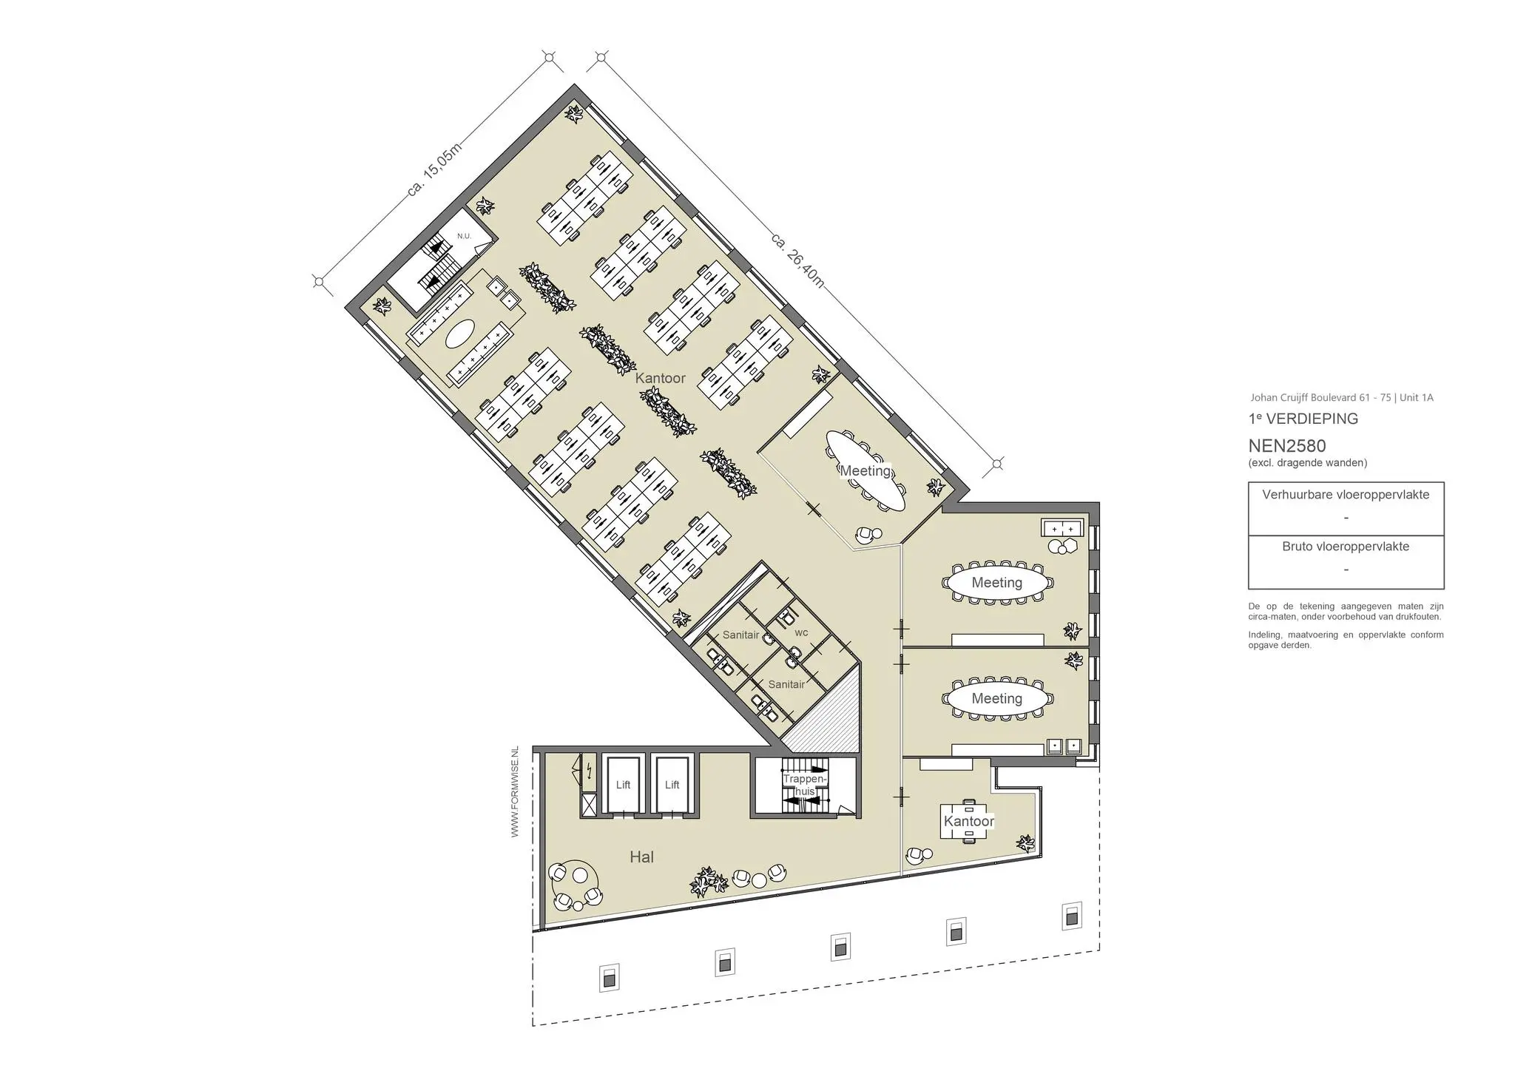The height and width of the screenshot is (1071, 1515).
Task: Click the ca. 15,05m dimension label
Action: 435,169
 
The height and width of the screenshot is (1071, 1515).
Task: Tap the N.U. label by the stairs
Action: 464,236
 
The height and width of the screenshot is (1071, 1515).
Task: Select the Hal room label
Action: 641,857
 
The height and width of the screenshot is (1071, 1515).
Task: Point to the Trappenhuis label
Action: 804,785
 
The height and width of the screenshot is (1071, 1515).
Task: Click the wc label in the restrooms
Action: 801,632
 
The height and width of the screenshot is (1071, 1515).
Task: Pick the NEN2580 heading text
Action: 1287,446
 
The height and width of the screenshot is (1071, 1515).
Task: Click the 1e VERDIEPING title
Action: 1303,419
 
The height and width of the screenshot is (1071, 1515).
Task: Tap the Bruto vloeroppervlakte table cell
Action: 1346,561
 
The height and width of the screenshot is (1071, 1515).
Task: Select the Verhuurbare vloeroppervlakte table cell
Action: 1346,509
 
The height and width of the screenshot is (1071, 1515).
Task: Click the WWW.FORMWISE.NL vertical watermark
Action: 515,791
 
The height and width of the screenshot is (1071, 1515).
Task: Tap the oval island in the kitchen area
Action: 460,334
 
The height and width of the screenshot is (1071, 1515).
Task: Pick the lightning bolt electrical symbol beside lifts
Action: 589,771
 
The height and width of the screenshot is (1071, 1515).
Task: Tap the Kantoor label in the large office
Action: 660,378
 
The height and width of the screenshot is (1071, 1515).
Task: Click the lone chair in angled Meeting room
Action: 867,534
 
